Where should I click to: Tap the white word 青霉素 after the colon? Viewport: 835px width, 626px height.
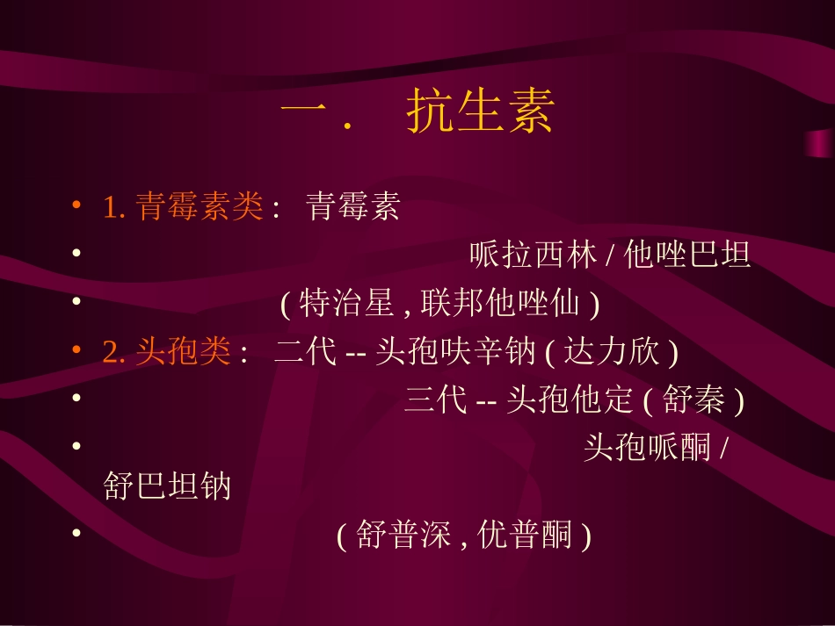[352, 207]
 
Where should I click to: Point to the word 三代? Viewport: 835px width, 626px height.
[436, 400]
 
